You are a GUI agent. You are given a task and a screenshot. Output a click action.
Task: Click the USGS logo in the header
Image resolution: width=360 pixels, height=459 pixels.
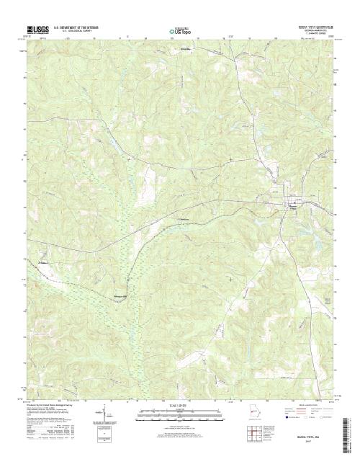click(x=35, y=30)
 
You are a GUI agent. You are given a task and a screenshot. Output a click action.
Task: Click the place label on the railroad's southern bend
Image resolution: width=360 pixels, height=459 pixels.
click(x=121, y=295)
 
